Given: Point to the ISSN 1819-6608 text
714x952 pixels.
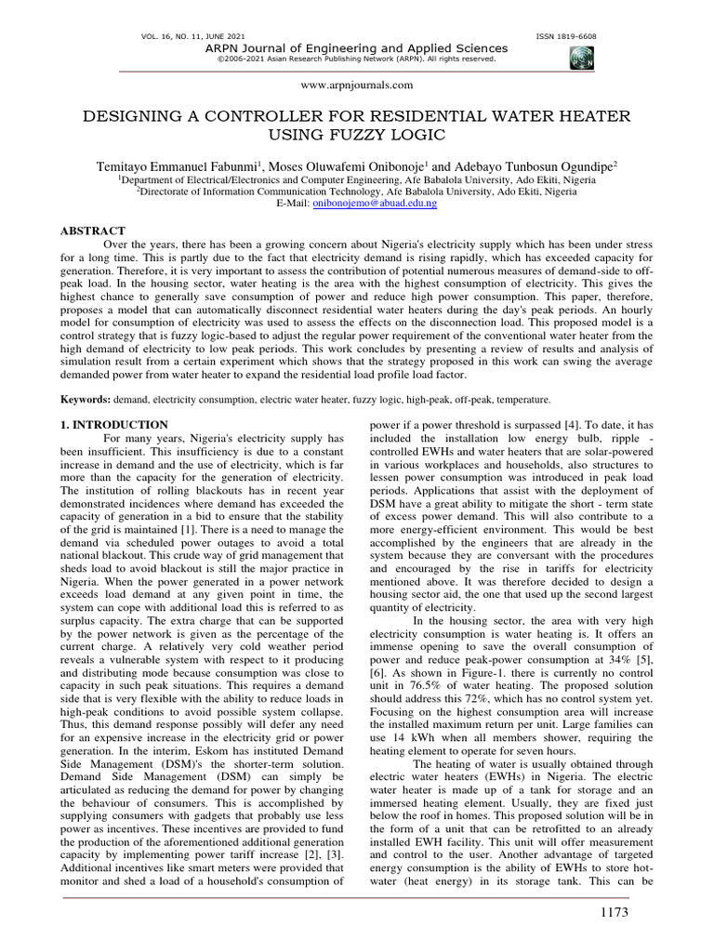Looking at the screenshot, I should (566, 36).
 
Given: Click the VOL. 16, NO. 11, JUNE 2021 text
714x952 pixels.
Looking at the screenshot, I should (182, 36).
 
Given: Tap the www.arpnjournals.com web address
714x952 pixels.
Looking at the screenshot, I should (358, 85).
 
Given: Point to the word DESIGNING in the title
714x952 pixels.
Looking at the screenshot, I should (130, 115).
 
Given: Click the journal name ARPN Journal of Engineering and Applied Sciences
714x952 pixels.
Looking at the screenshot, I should (357, 47).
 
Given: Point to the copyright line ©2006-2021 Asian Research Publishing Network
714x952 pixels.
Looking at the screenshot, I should (357, 58).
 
